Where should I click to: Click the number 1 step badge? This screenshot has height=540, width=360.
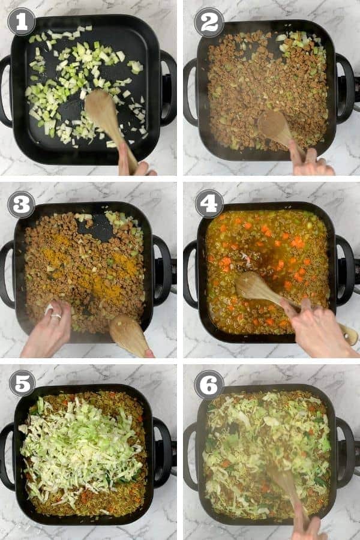coord(21,22)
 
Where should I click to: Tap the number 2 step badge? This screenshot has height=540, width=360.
coord(209,22)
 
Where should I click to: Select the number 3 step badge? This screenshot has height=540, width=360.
coord(21,204)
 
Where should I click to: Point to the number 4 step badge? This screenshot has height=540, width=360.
coord(209,204)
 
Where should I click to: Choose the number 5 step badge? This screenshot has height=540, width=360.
coord(22,383)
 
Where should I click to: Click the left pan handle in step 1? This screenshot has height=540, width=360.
coord(5,90)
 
